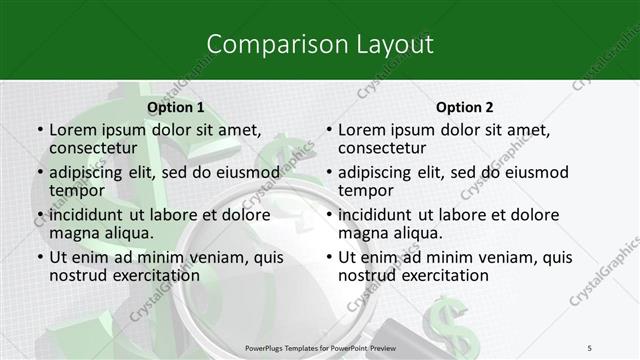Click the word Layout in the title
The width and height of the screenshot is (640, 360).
coord(395,44)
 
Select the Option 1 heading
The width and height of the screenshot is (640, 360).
coord(175,107)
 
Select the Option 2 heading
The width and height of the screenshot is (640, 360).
coord(464,107)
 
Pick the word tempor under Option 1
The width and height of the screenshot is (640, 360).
coord(76,190)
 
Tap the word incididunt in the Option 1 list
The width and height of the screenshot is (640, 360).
coord(88,215)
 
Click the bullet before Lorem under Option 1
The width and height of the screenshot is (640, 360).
coord(39,130)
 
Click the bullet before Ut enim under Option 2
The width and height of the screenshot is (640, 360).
coord(329,258)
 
